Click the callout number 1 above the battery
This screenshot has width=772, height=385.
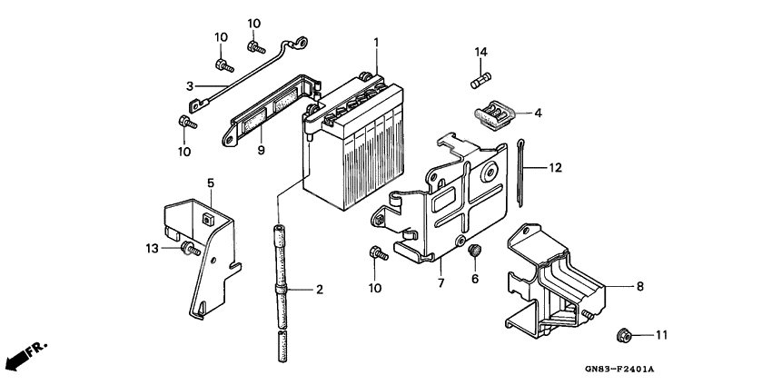(376, 43)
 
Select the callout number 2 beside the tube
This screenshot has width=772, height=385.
(319, 291)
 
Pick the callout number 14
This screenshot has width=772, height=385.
(480, 52)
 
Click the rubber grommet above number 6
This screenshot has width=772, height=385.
(472, 251)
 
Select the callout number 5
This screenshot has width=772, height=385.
(210, 183)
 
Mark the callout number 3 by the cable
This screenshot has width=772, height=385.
(190, 86)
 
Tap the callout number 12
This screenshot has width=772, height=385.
(555, 168)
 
